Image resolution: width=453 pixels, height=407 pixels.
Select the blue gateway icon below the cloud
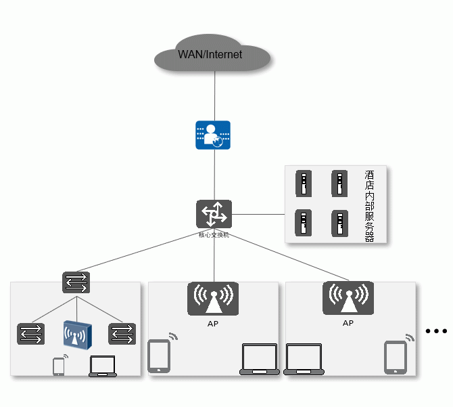pos(213,135)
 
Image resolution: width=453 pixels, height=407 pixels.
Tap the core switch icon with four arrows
pos(214,214)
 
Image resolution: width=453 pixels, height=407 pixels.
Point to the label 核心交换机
pos(214,235)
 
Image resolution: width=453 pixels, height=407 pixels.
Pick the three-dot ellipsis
pos(437,331)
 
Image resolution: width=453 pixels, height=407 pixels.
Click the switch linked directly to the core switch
pos(76,282)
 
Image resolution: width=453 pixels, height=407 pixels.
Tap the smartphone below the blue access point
pos(59,366)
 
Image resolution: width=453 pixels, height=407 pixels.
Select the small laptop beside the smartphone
pos(103,366)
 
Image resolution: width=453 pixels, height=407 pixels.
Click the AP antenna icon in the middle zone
pos(213,299)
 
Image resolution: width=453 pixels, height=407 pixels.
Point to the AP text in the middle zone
pos(213,324)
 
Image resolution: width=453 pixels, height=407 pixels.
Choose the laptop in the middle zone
pos(260,360)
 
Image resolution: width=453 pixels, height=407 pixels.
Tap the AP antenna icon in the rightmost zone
pos(348,299)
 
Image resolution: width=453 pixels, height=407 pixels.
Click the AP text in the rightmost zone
pos(348,324)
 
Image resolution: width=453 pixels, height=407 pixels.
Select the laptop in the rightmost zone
pos(304,360)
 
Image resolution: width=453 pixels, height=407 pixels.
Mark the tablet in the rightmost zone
pos(396,357)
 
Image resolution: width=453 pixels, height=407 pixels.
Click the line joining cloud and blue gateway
pos(214,95)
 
